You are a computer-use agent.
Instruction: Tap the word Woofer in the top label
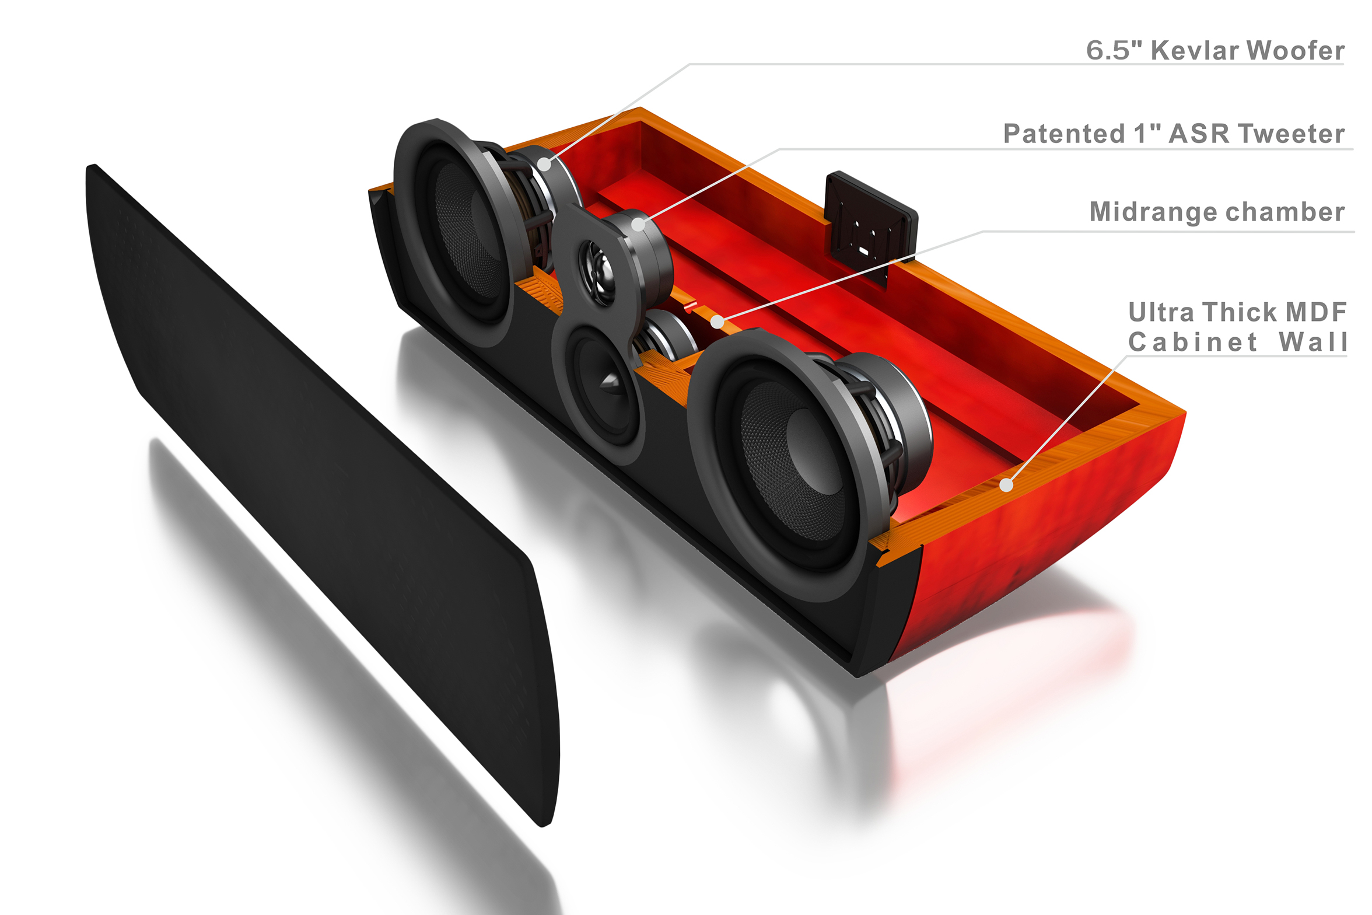tap(1296, 50)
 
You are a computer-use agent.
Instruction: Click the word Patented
tap(1064, 134)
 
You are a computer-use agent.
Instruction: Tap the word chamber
tap(1275, 212)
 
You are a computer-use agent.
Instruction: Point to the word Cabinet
tap(1193, 342)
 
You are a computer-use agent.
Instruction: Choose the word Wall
tap(1313, 342)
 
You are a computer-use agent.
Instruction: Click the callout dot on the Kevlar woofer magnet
tap(544, 165)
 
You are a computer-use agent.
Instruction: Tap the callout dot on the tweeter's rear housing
tap(639, 224)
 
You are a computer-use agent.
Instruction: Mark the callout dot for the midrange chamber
tap(717, 322)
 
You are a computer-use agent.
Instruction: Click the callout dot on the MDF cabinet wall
tap(1006, 484)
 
